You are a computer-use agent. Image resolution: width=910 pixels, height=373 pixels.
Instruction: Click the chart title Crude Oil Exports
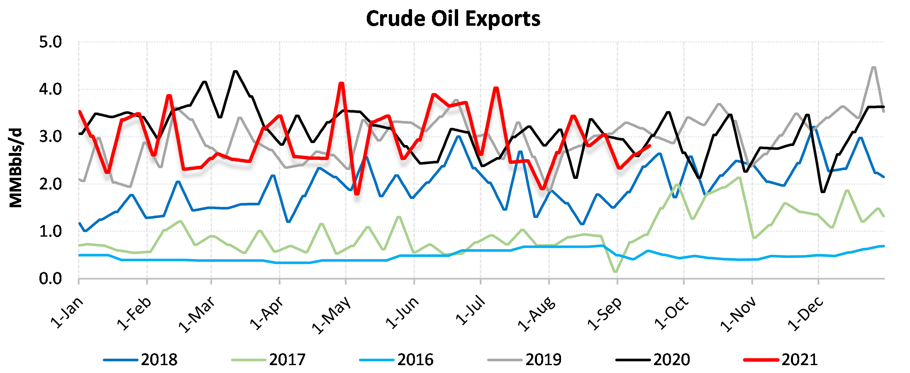coord(453,19)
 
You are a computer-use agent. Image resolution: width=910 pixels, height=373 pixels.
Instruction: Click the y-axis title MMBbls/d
coord(16,168)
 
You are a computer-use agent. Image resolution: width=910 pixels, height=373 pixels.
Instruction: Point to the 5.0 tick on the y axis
coord(50,42)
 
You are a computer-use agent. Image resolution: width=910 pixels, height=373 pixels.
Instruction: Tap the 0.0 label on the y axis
coord(50,279)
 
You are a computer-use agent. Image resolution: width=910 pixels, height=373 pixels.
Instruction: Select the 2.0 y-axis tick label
coord(50,184)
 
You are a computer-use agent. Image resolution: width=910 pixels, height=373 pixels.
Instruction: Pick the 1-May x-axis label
coord(332,315)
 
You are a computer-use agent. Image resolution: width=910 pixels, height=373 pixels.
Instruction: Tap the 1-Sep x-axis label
coord(605,314)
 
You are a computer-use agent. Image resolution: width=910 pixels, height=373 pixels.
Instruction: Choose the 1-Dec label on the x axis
coord(805,314)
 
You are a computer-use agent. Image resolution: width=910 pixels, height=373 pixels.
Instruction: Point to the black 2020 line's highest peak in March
coord(236,71)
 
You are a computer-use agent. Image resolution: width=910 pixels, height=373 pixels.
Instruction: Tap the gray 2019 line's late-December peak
coord(874,67)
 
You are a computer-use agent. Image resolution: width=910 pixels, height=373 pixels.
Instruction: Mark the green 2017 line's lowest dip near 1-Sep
coord(615,272)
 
